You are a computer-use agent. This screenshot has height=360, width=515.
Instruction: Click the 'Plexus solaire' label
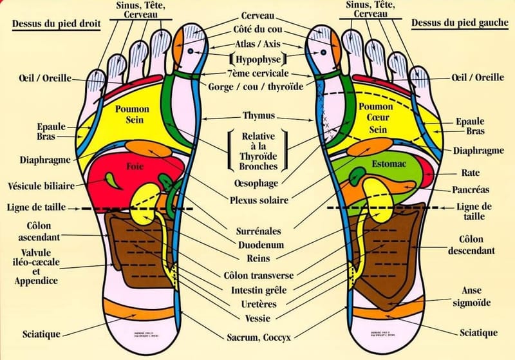(x=258, y=200)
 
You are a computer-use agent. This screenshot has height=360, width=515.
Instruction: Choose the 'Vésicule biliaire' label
(x=39, y=185)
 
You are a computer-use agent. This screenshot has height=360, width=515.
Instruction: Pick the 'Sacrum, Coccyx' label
(x=258, y=336)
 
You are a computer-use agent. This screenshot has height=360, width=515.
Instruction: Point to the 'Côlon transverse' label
(x=258, y=275)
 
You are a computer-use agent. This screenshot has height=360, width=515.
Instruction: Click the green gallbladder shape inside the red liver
(x=115, y=179)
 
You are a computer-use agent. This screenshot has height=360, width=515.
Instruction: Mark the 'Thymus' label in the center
(x=258, y=116)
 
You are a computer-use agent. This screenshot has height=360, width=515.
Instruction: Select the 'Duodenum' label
(x=258, y=245)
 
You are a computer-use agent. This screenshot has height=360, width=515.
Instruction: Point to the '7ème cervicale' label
(x=257, y=73)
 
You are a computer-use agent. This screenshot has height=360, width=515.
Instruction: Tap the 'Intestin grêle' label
(x=258, y=289)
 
